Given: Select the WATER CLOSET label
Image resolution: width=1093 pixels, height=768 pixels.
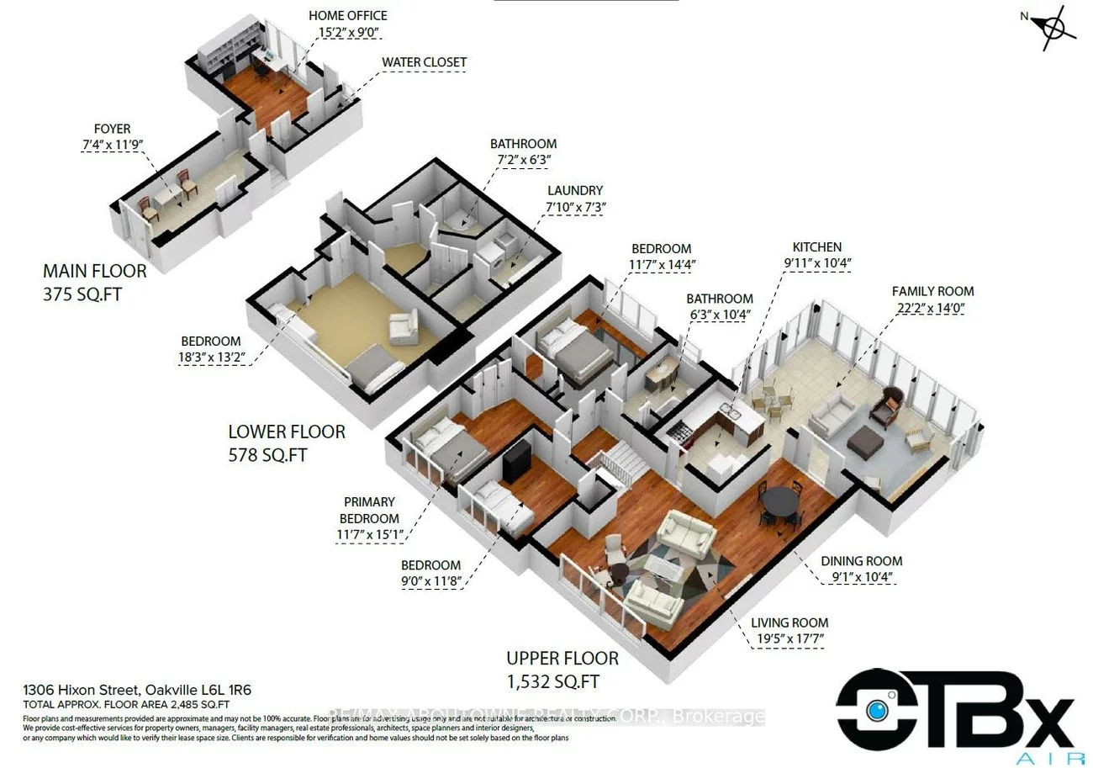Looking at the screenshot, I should (x=424, y=62).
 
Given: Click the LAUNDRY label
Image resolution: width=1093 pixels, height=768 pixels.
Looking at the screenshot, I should (x=575, y=191).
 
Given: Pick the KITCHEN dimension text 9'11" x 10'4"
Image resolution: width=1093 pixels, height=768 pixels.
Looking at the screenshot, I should (x=816, y=262).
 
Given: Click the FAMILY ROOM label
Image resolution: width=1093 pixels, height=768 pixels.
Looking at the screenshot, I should (x=932, y=291).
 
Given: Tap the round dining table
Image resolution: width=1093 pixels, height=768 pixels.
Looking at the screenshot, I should (x=781, y=502).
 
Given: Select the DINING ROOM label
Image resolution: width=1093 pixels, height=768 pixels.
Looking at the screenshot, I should (x=861, y=561).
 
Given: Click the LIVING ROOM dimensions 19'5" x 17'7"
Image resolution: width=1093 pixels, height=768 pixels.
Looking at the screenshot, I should (x=790, y=638).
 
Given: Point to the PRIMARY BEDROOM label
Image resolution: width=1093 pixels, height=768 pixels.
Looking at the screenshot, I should (x=369, y=510).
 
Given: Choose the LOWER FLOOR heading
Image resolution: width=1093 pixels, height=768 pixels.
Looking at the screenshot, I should (x=287, y=432).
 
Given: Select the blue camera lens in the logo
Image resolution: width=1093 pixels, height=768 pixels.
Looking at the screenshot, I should (x=877, y=710).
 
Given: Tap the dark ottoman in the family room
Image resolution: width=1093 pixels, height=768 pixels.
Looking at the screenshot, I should (x=867, y=442).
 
